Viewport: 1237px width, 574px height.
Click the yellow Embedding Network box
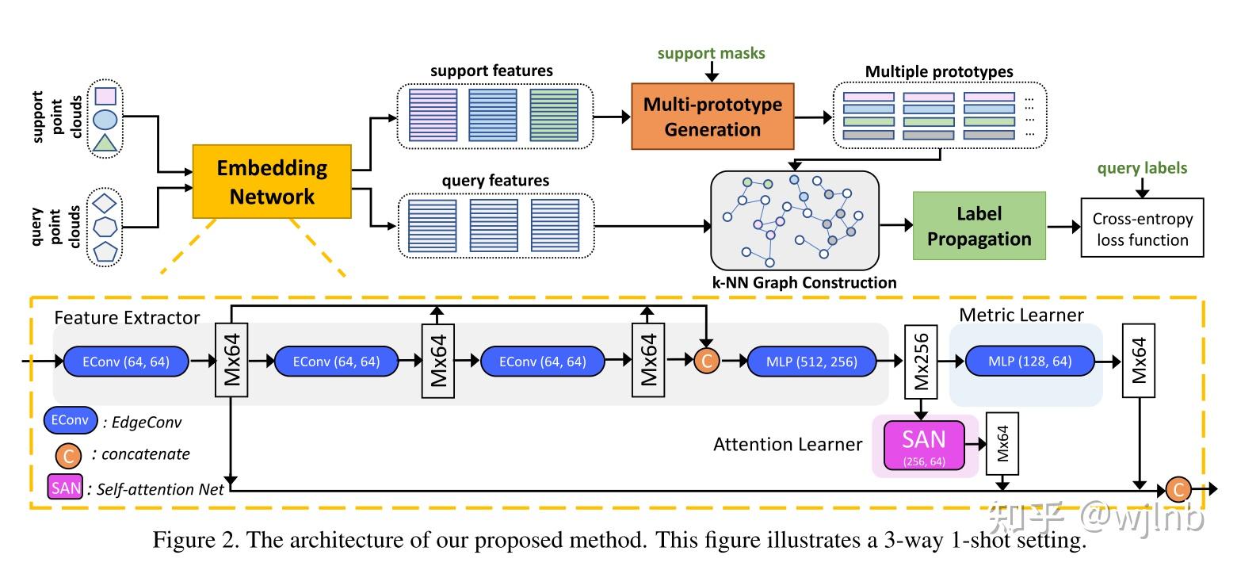pyautogui.click(x=272, y=182)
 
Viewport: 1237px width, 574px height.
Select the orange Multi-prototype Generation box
pyautogui.click(x=712, y=117)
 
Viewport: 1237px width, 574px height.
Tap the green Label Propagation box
pyautogui.click(x=979, y=226)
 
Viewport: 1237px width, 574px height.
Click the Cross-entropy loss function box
pyautogui.click(x=1142, y=228)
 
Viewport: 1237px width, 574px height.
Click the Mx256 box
pyautogui.click(x=922, y=362)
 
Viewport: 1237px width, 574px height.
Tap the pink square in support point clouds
pyautogui.click(x=105, y=97)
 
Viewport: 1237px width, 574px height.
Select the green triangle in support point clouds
pyautogui.click(x=105, y=143)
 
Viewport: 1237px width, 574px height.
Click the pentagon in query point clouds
pyautogui.click(x=105, y=252)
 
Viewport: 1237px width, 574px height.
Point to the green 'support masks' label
pyautogui.click(x=712, y=54)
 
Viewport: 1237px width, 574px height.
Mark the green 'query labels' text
pyautogui.click(x=1142, y=168)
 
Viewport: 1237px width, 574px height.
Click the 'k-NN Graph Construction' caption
pyautogui.click(x=804, y=282)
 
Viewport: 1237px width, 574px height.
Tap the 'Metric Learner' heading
pyautogui.click(x=1021, y=315)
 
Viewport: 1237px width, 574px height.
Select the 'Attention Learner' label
pyautogui.click(x=787, y=444)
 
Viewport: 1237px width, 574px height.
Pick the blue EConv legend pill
pyautogui.click(x=71, y=421)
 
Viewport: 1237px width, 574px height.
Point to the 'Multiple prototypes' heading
pyautogui.click(x=938, y=72)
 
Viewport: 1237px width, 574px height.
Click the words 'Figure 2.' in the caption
pyautogui.click(x=197, y=542)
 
